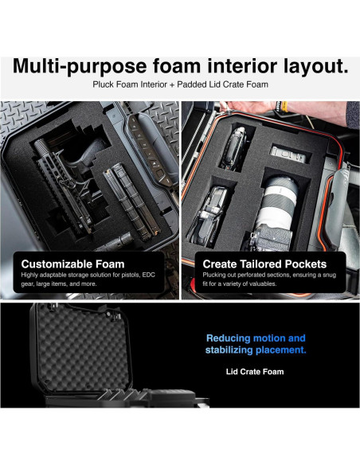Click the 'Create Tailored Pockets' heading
pos(264,264)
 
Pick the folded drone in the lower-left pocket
pos(209,218)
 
